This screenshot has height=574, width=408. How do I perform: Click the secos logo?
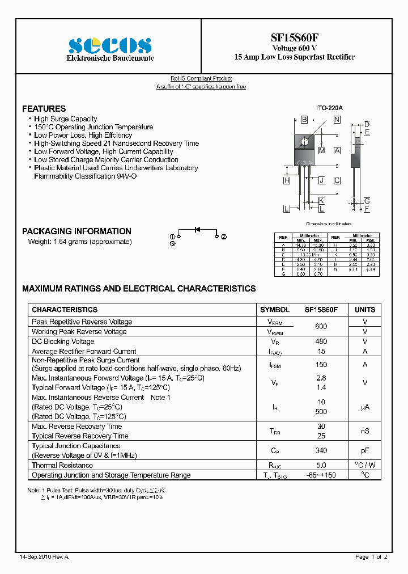click(110, 45)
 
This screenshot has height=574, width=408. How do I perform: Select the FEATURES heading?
click(44, 108)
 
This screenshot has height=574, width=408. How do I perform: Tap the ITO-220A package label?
click(329, 108)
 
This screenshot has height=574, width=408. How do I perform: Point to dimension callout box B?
click(304, 120)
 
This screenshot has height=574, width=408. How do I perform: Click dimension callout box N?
click(337, 120)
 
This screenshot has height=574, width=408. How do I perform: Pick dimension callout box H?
click(287, 180)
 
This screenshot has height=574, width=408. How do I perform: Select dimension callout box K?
click(321, 201)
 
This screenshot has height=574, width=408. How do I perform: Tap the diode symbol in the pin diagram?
click(198, 230)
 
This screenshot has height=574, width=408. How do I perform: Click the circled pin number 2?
click(224, 237)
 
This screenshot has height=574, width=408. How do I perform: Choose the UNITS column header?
click(365, 310)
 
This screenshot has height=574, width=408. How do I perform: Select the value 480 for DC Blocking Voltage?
click(321, 341)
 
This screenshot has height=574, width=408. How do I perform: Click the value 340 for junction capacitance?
click(321, 450)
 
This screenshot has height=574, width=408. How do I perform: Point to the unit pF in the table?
click(365, 450)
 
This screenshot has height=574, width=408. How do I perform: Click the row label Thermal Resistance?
click(62, 465)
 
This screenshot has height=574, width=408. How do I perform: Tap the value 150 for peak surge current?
click(321, 365)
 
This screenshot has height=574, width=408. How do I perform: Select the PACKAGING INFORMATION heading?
click(76, 231)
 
